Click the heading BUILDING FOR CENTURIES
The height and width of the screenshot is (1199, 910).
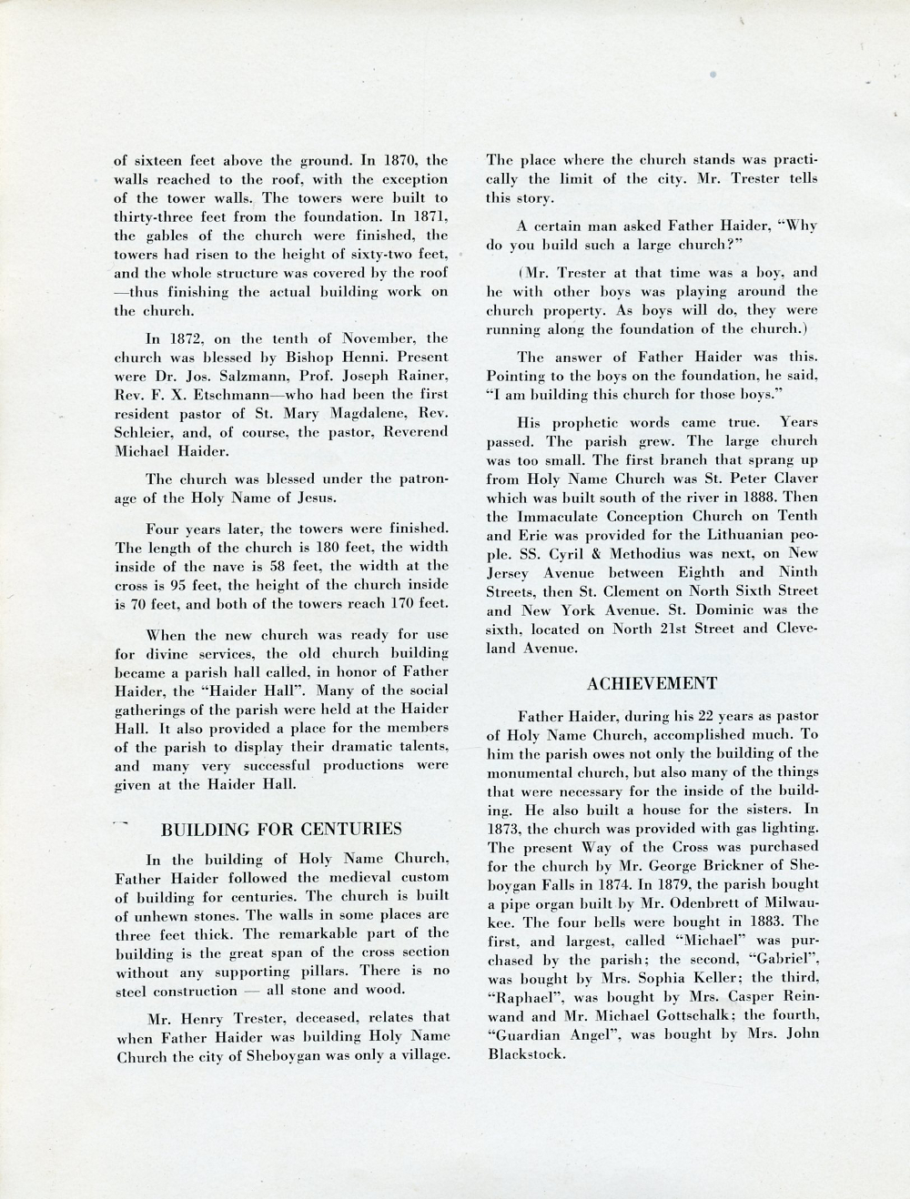pyautogui.click(x=281, y=829)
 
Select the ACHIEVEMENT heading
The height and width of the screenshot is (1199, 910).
pyautogui.click(x=652, y=683)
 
